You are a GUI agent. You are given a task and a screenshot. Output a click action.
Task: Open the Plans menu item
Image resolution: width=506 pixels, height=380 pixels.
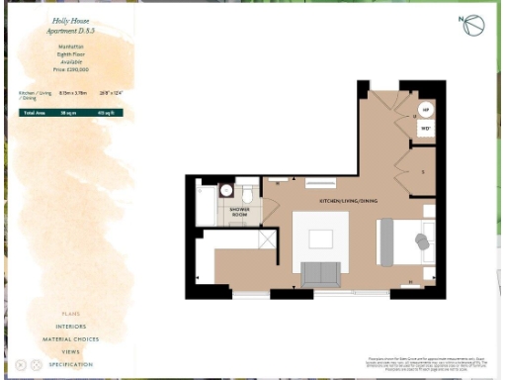pyautogui.click(x=71, y=313)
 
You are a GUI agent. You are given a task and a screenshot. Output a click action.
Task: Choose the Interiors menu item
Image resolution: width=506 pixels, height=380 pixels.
pyautogui.click(x=71, y=326)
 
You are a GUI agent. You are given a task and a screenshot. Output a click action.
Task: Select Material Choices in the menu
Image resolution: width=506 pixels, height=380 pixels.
pyautogui.click(x=71, y=338)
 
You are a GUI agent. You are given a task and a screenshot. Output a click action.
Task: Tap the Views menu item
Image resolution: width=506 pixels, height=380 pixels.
pyautogui.click(x=71, y=351)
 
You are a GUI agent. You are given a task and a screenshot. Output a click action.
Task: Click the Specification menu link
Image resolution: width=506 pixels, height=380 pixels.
pyautogui.click(x=71, y=364)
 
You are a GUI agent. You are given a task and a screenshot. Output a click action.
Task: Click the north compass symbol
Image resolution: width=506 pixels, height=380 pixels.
pyautogui.click(x=472, y=26)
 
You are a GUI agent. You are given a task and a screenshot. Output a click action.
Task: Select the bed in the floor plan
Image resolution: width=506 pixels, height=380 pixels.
pyautogui.click(x=405, y=241)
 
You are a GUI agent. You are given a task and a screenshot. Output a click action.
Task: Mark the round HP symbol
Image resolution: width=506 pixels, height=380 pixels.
pyautogui.click(x=426, y=110)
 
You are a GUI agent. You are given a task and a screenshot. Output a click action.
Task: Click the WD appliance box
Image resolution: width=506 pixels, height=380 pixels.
pyautogui.click(x=426, y=128)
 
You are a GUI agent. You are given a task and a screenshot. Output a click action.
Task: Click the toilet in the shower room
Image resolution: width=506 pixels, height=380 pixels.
pyautogui.click(x=226, y=190)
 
